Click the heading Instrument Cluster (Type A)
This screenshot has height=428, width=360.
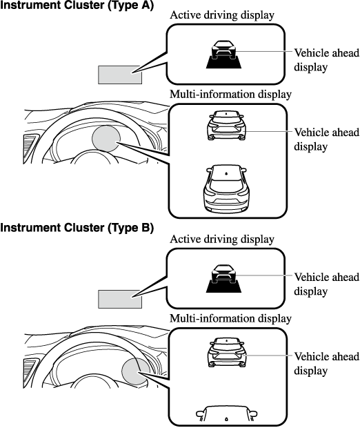(77, 6)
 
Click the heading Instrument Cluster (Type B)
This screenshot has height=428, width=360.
(77, 228)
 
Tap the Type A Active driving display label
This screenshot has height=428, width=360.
(222, 15)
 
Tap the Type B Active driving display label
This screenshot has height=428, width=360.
(222, 240)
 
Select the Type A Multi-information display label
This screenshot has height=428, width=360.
(231, 95)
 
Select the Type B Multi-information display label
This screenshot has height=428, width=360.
(231, 318)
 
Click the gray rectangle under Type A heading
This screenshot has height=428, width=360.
(120, 75)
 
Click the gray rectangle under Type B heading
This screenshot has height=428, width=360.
(120, 299)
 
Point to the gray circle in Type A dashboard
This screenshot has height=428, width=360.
(106, 138)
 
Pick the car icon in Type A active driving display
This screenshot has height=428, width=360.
(223, 55)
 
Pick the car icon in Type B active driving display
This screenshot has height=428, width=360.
(223, 278)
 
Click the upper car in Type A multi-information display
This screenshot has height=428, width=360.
(227, 125)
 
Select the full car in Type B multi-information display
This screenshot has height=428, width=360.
(227, 352)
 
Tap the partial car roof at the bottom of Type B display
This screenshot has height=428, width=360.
(226, 414)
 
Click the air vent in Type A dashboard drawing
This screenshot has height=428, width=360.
(30, 148)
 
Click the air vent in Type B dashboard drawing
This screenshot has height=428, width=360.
(30, 373)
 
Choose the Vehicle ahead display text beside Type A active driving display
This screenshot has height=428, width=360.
(327, 60)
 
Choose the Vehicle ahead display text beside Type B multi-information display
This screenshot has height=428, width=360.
(327, 364)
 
